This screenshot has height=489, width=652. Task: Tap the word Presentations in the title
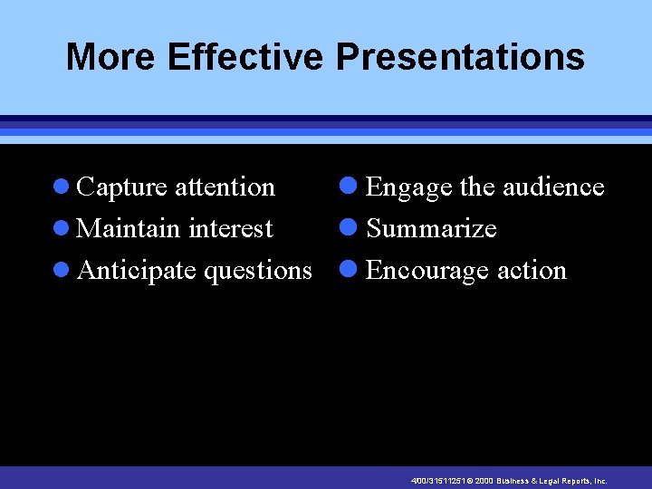(x=460, y=57)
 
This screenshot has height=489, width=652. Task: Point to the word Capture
(x=122, y=187)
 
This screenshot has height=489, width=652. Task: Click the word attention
(x=225, y=187)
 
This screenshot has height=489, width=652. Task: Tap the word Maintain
(x=129, y=229)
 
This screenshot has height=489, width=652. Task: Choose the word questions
(x=258, y=271)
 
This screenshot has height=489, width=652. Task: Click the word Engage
(x=408, y=187)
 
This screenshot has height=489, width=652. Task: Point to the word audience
(x=552, y=187)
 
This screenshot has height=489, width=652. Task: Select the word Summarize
(x=431, y=229)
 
